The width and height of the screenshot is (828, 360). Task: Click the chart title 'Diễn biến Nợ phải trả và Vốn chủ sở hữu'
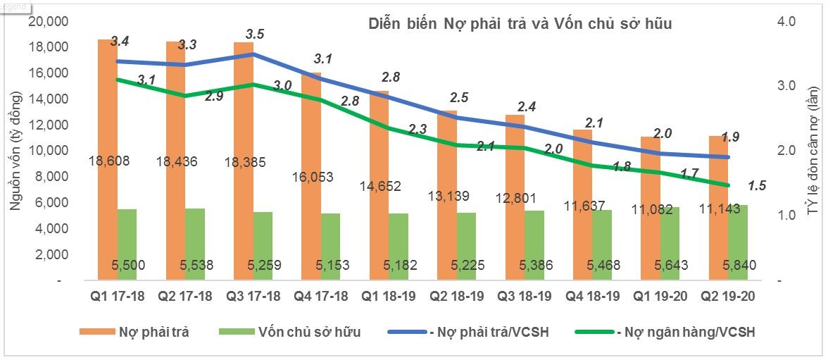pyautogui.click(x=520, y=24)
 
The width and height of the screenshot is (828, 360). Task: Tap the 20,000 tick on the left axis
pyautogui.click(x=48, y=22)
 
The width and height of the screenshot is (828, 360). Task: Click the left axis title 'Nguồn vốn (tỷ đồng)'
pyautogui.click(x=15, y=150)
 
